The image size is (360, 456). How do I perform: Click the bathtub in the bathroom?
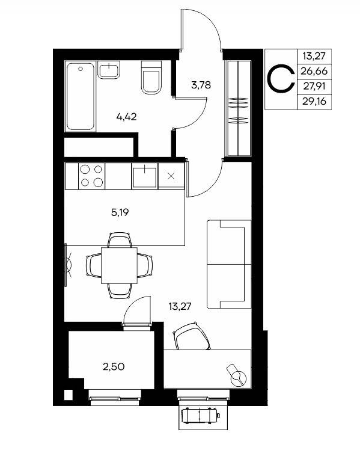pos(80,96)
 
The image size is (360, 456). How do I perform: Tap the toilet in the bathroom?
pos(151,78)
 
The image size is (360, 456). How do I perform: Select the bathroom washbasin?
pos(109,70)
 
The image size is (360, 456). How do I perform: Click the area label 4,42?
pos(126,117)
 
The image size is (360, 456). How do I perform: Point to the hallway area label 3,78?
pos(201,85)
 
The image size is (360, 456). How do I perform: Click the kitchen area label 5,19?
pos(120,212)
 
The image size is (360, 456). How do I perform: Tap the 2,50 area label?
pos(114,367)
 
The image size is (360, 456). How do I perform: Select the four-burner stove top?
pos(91,176)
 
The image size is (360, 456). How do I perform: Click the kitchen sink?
pos(145,176)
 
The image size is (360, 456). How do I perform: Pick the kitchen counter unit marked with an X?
pos(171,176)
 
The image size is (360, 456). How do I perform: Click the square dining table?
pos(119,265)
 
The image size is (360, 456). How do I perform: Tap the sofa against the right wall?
pos(229,264)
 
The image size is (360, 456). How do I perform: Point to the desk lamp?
pos(237,375)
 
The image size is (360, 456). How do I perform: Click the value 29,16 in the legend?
pos(314,102)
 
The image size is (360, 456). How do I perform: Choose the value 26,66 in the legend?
pos(314,70)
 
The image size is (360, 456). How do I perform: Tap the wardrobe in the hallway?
pos(238,108)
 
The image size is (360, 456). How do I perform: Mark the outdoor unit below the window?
pos(200,416)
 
